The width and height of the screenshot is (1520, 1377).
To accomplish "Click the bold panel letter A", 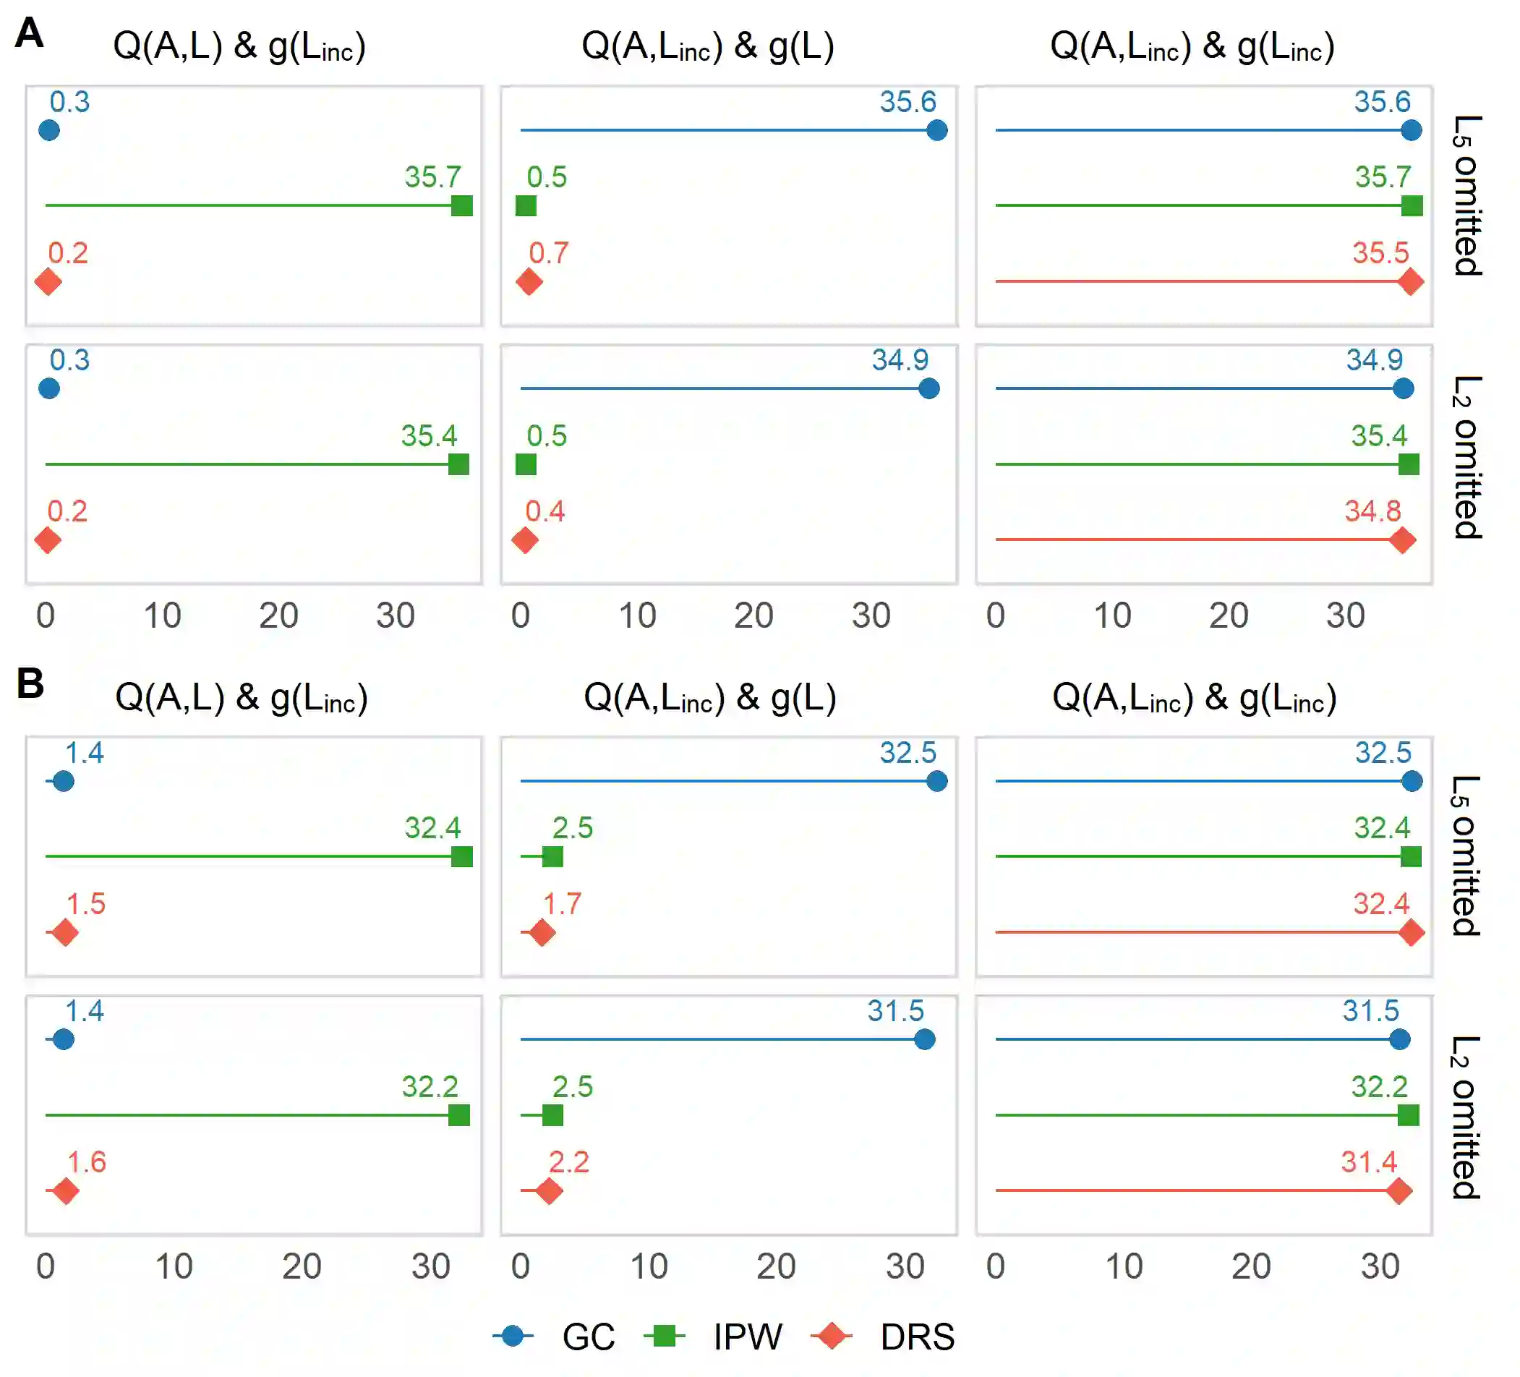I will [x=30, y=34].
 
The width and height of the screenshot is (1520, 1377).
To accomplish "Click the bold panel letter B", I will [x=30, y=683].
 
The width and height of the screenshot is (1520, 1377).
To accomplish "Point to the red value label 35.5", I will [x=1380, y=253].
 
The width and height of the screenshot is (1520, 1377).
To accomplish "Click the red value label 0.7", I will [x=548, y=253].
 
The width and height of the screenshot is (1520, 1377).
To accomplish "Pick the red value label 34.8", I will [x=1372, y=511].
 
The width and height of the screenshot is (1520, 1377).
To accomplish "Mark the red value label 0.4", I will [x=545, y=511].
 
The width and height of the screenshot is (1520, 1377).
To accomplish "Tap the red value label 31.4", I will [x=1368, y=1162].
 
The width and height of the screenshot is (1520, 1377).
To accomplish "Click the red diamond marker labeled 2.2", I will [x=549, y=1190].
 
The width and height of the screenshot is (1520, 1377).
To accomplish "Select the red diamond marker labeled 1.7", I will [x=542, y=933].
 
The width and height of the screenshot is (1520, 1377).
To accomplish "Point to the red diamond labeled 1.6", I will [x=66, y=1190].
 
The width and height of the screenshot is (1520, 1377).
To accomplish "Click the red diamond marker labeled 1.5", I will [x=65, y=933].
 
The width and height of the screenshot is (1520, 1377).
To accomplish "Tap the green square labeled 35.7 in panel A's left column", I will [x=461, y=205].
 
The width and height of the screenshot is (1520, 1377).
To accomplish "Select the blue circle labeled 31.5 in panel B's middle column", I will [x=923, y=1039].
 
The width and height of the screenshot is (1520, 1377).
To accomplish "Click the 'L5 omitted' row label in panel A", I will [x=1466, y=196].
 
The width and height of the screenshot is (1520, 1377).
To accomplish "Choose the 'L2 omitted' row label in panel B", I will [x=1466, y=1117].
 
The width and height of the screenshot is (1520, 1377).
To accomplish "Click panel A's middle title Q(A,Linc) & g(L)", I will [x=707, y=47].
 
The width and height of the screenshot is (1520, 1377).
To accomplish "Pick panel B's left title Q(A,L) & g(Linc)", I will [x=242, y=698].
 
